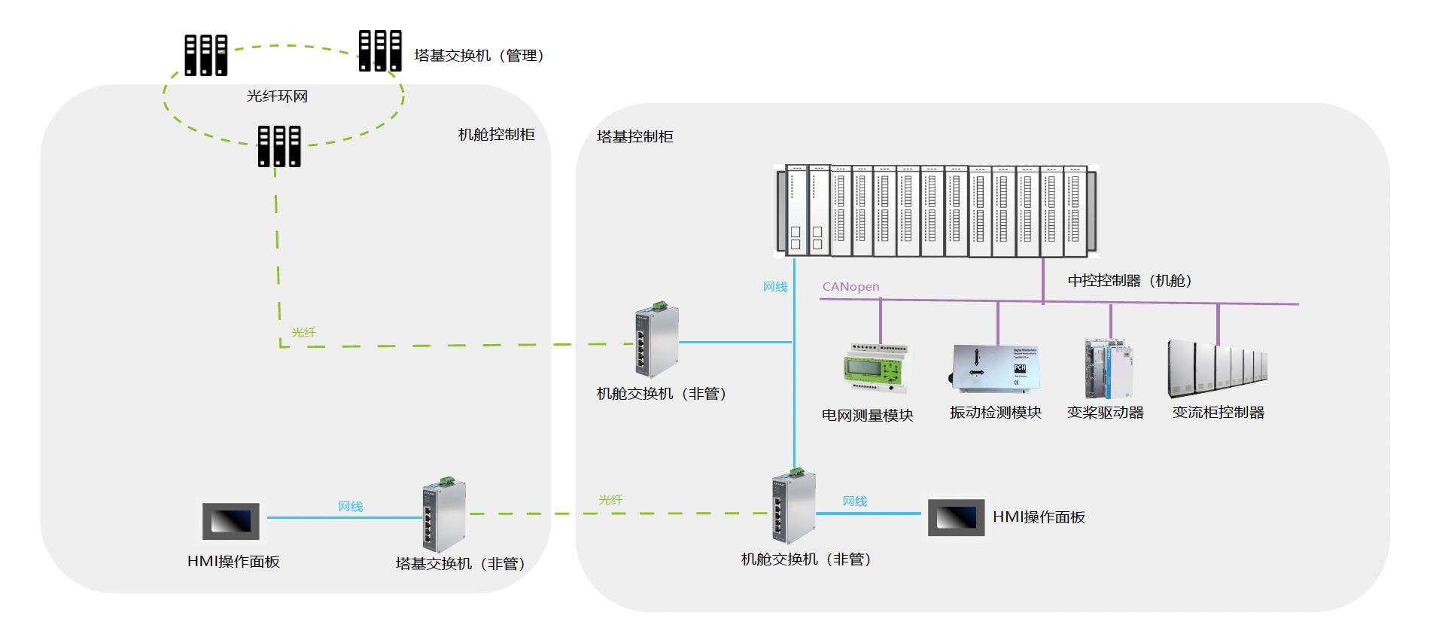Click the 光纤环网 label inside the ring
pos(277,96)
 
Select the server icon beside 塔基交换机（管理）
pos(380,50)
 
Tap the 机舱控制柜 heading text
pos(496,135)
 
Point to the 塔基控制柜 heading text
pos(634,137)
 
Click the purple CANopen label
pos(850,287)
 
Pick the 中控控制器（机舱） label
pos(1129,281)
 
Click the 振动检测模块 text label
pos(995,413)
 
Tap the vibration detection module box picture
pos(996,367)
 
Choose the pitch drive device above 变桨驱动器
pos(1108,368)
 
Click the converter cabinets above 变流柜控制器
pos(1217,369)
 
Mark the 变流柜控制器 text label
pos(1218,413)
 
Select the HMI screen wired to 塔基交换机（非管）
pos(231,521)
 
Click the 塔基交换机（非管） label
pos(460,564)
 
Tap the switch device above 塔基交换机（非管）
pos(443,515)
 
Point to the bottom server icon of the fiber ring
pos(279,145)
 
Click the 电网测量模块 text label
pos(867,416)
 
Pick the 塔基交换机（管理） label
pos(479,56)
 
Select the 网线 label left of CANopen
pos(774,287)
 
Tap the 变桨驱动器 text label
pos(1105,413)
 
